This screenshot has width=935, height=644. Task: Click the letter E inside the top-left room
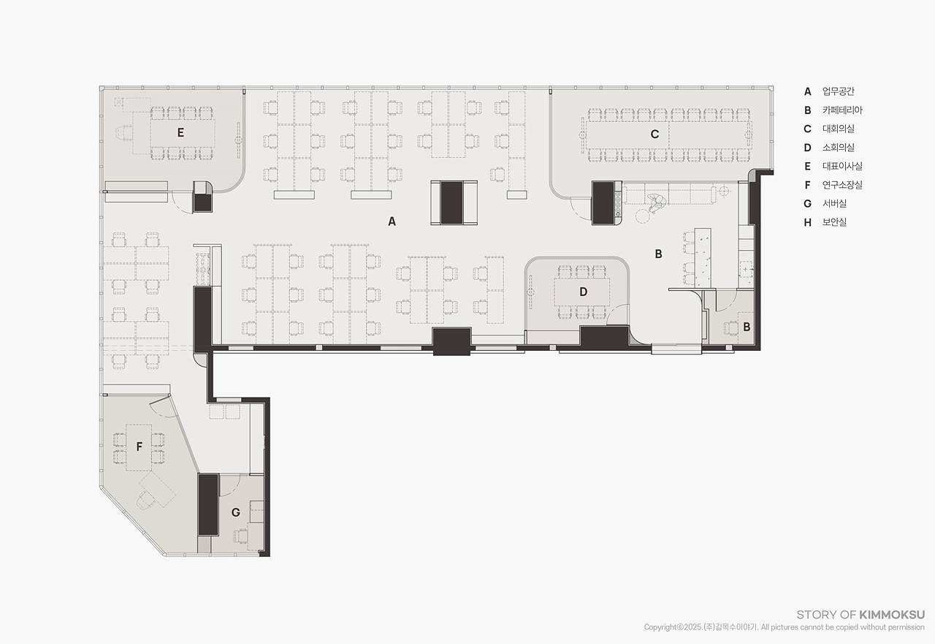point(180,133)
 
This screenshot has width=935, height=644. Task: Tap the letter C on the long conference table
point(654,134)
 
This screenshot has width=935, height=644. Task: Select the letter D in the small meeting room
point(583,292)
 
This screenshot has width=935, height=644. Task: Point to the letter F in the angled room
point(140,447)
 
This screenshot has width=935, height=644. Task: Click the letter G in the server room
point(235,512)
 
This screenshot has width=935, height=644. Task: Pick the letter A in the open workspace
point(392,221)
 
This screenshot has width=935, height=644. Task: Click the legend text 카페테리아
point(842,110)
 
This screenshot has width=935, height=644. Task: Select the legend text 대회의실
point(838,129)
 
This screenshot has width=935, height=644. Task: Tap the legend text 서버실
point(834,203)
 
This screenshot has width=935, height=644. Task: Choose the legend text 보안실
point(834,222)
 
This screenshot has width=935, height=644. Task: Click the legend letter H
point(808,223)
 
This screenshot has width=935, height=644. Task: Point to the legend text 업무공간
point(838,91)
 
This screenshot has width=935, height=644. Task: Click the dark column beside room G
point(208,504)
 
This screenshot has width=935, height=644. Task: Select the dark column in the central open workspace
point(451,202)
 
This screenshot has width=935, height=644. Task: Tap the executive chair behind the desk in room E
point(124,134)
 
